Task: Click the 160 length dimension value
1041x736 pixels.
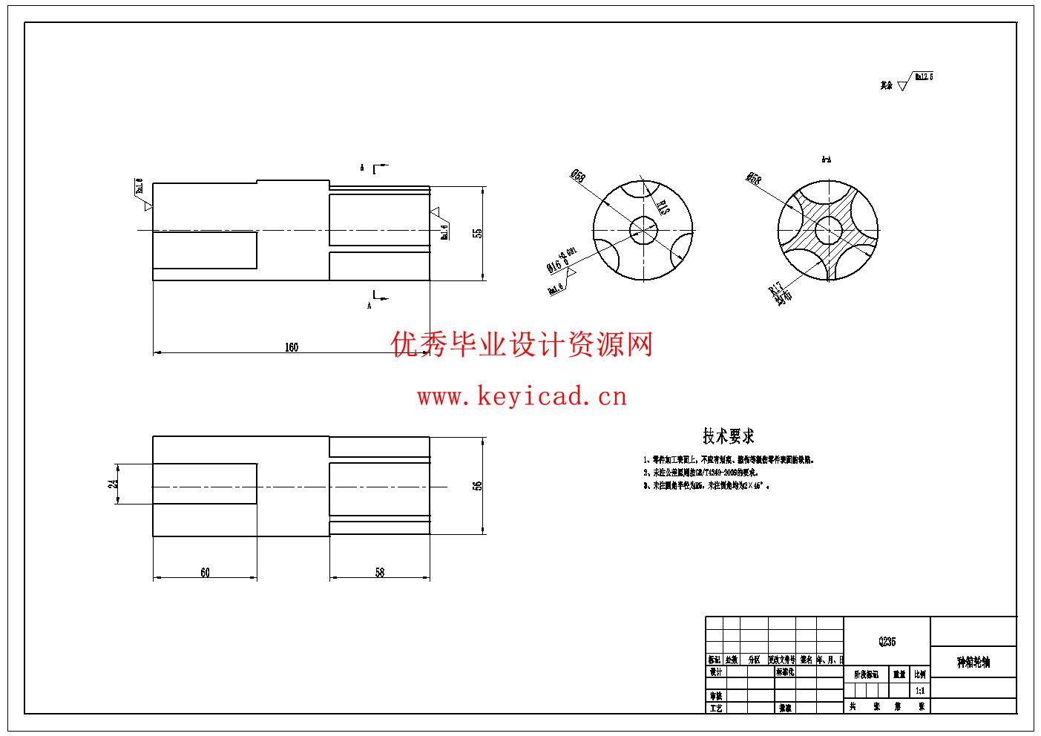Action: (292, 347)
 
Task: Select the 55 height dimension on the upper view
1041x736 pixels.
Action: (478, 233)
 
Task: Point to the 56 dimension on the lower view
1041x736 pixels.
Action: (478, 486)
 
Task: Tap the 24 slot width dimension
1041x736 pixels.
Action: (114, 484)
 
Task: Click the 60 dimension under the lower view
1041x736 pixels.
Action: (205, 573)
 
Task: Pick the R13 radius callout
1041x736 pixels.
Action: (663, 207)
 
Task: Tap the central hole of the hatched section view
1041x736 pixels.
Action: (827, 231)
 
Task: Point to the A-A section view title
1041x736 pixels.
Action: (827, 160)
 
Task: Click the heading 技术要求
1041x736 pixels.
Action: (728, 436)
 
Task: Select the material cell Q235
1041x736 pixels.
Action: (887, 642)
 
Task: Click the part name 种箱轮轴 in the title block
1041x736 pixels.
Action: (973, 663)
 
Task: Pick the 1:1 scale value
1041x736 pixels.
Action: (920, 690)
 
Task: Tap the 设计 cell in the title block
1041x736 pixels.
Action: (715, 672)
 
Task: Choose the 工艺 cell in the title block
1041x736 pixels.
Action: (715, 708)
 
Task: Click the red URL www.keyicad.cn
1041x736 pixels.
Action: (522, 397)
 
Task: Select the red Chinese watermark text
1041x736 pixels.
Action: (522, 345)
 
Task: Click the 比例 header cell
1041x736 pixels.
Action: (920, 674)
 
